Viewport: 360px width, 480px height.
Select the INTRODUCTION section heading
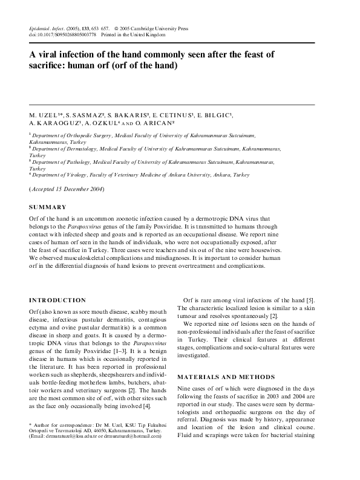(x=57, y=300)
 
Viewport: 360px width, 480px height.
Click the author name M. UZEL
(x=44, y=114)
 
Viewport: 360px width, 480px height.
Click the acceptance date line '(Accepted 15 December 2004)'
(x=67, y=189)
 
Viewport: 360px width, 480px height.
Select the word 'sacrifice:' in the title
(x=51, y=65)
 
